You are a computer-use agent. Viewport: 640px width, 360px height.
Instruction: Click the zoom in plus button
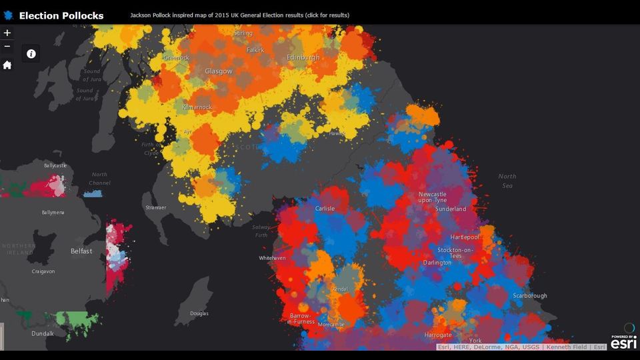pos(7,33)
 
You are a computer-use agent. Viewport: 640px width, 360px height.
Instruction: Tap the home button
pos(7,65)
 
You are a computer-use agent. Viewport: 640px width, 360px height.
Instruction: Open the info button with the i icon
pos(31,54)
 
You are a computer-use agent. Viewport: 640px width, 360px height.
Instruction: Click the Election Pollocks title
pos(61,15)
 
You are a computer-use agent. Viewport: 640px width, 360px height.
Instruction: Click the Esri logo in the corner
pos(623,341)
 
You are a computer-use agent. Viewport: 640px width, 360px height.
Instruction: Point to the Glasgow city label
pos(219,71)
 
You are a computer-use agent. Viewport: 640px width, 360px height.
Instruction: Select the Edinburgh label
pos(303,58)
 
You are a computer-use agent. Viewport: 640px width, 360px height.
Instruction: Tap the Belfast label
pos(81,251)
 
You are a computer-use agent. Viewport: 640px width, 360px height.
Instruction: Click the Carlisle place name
pos(325,209)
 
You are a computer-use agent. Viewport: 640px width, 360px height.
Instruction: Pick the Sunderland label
pos(451,209)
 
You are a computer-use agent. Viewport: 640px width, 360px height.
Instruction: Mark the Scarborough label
pos(530,295)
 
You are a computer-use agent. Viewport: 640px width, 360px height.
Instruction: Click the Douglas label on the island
pos(199,313)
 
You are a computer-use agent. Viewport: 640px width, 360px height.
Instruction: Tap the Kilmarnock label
pos(197,107)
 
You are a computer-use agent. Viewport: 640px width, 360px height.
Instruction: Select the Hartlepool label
pos(465,237)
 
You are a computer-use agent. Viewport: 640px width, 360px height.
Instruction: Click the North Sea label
pos(507,181)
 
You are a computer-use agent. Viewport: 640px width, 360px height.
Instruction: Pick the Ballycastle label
pos(56,165)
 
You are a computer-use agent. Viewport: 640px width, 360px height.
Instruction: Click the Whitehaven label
pos(272,258)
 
